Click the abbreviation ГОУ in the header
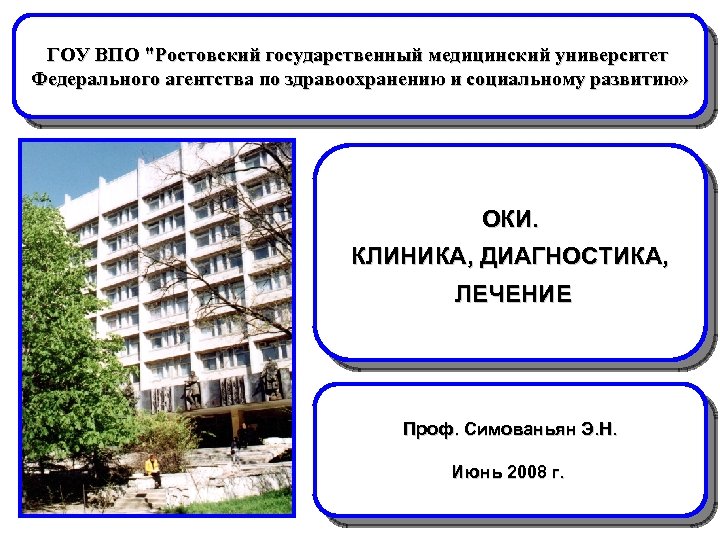click(x=67, y=53)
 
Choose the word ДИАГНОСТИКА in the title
click(x=574, y=256)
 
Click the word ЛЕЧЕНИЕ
click(x=512, y=294)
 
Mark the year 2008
click(x=527, y=471)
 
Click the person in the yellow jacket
click(x=153, y=468)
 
